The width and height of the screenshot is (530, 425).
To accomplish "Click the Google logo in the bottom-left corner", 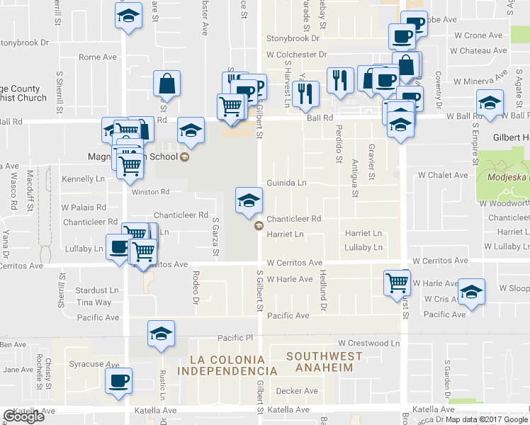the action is [x=23, y=416].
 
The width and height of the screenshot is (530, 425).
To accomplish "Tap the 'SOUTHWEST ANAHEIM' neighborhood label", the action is [x=323, y=361].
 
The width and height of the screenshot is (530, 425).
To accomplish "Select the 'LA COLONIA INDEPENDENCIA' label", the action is [x=227, y=365].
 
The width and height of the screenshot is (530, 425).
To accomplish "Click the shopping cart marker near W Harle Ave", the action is [x=397, y=282].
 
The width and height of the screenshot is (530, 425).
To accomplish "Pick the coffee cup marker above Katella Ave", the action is [x=118, y=380].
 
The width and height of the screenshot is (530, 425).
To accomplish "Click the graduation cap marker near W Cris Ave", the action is [x=470, y=292].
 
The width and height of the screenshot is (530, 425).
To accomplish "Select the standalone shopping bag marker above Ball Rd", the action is [x=167, y=83].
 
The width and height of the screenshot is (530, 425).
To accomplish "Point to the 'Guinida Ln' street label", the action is [x=286, y=183].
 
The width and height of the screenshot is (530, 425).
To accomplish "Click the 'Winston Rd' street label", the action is [x=149, y=191].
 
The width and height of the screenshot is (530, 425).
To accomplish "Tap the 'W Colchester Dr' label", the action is [x=296, y=54].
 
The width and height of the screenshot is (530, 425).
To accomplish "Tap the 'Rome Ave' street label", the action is [x=97, y=57].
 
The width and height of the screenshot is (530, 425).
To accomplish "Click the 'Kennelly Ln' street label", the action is [x=83, y=179].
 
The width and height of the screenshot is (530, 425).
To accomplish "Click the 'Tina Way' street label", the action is [x=94, y=302].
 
